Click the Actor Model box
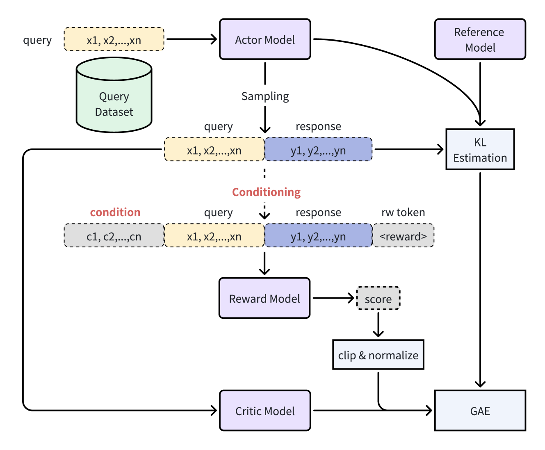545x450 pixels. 265,39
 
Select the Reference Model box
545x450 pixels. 480,39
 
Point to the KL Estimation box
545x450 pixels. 480,150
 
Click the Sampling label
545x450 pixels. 265,96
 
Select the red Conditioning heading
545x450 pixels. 266,192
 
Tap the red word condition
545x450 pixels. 115,212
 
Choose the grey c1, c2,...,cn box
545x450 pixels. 114,236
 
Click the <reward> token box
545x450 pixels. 403,236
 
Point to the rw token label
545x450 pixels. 403,212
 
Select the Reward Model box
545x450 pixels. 265,298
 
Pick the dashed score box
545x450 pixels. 378,299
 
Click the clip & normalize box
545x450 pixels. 378,355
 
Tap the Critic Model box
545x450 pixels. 265,411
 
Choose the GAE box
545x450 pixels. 480,411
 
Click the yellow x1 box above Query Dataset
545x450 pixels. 114,40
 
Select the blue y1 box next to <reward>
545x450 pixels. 318,236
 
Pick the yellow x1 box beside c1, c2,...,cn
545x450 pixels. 214,236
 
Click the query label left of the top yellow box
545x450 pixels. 37,40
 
